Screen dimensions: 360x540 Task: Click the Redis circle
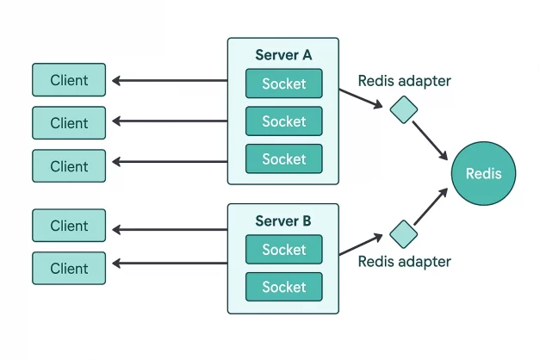482,174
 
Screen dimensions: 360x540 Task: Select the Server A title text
283,55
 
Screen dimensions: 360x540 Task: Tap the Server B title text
283,221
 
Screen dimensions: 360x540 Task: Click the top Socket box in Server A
283,84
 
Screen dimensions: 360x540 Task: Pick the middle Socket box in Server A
283,121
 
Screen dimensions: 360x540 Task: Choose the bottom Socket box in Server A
283,159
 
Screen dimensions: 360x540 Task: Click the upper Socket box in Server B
283,250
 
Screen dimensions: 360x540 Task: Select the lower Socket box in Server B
283,287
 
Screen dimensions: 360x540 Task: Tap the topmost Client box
69,80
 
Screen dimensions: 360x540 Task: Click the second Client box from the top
69,123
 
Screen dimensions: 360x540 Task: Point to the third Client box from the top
69,165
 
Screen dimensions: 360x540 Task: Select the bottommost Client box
69,268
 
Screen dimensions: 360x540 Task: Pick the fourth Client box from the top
69,226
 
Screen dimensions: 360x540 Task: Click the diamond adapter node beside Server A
403,109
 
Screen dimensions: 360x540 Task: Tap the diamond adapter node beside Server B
403,233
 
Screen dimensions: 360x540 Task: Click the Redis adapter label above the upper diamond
405,81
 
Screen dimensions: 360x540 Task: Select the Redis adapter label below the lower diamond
405,262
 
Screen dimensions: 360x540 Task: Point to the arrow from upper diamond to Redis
431,140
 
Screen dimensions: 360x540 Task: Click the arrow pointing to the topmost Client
168,82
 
